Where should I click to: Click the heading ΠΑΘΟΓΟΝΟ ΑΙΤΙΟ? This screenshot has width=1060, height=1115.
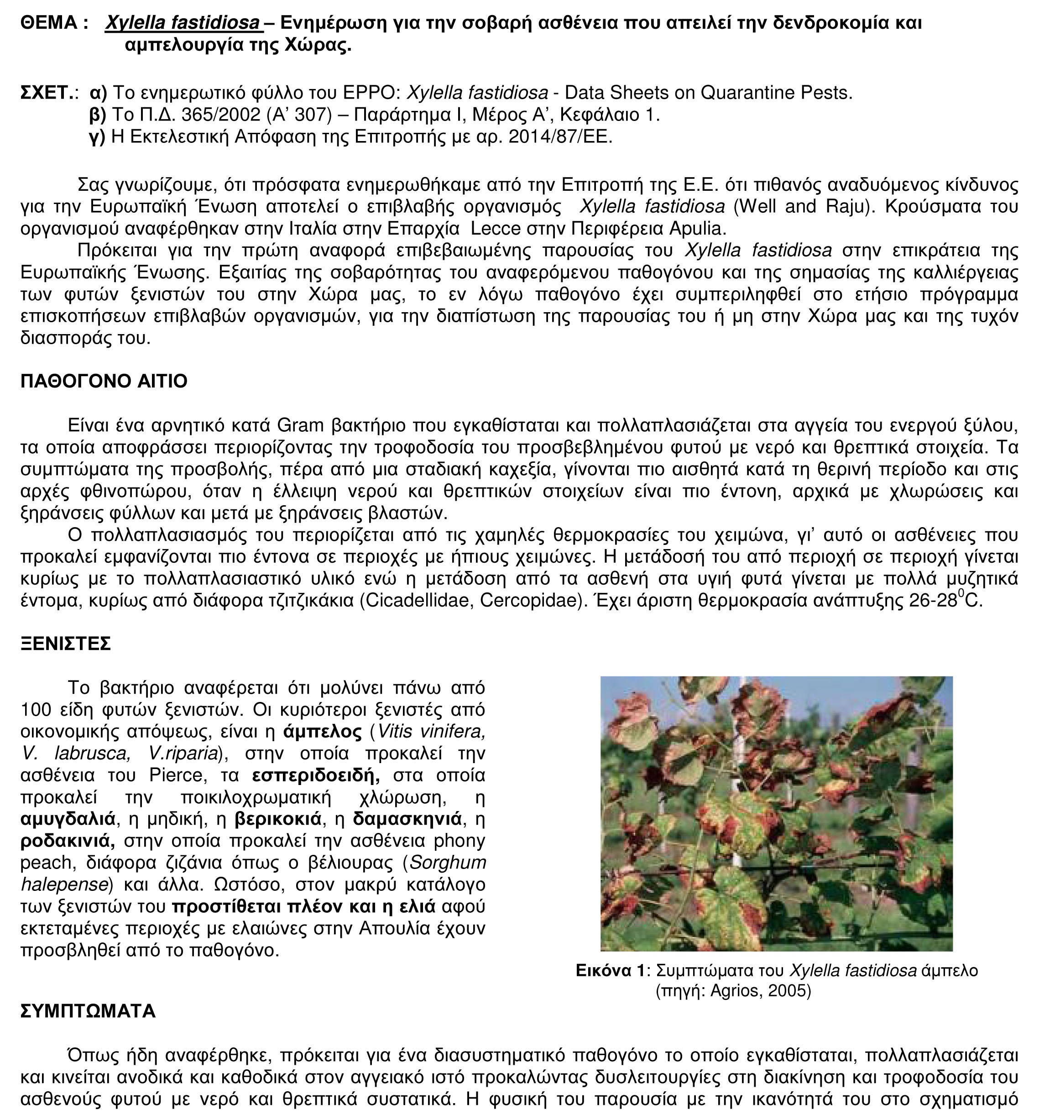(x=104, y=382)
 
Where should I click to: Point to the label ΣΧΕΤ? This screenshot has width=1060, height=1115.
(x=47, y=93)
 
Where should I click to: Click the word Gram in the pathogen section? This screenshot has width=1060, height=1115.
(x=301, y=425)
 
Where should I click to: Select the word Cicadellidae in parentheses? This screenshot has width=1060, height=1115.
(x=416, y=601)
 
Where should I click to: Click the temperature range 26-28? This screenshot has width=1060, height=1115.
(x=932, y=601)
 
